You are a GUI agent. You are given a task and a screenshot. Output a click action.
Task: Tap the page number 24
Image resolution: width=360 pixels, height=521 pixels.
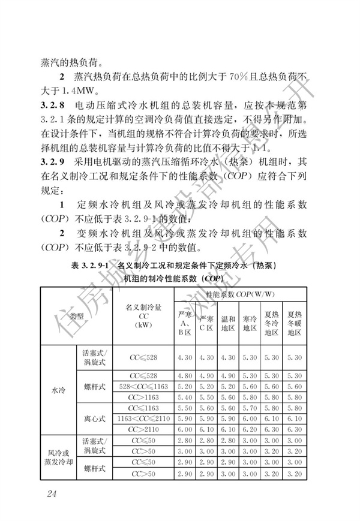(50, 493)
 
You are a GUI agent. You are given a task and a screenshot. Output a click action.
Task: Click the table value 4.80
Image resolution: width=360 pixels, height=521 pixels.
(184, 377)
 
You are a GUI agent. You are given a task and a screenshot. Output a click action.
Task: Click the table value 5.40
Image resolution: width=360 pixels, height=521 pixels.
(184, 397)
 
